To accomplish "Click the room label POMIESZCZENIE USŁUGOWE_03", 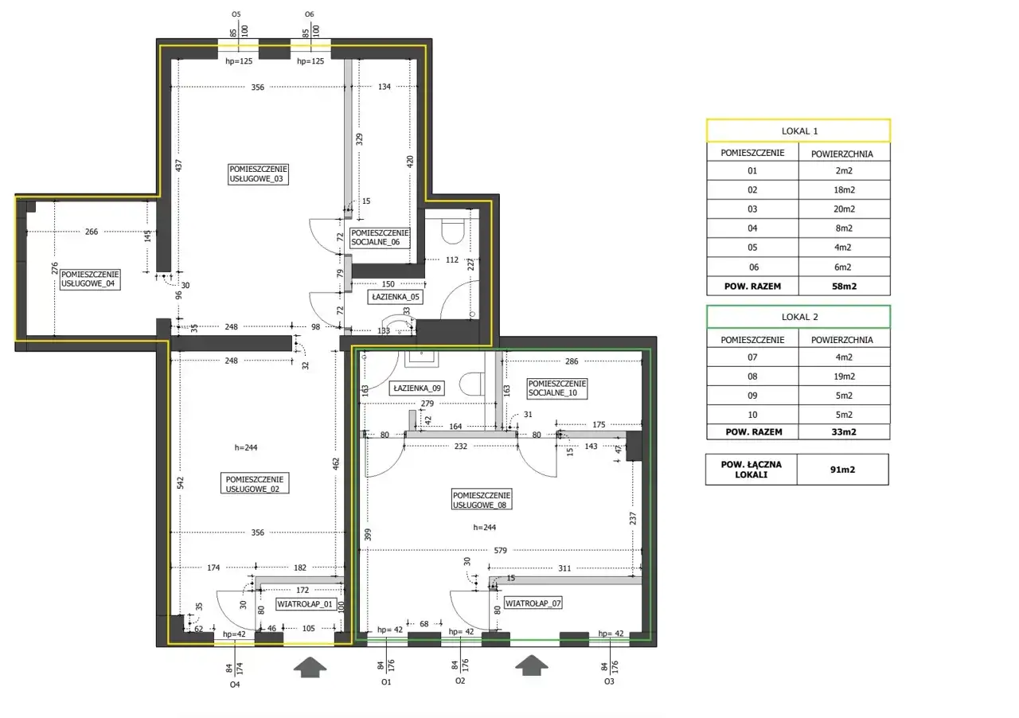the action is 258,174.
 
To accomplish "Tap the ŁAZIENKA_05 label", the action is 396,297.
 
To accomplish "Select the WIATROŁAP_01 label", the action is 305,604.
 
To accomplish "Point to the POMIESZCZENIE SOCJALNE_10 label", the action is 556,388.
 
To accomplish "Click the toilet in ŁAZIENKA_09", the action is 472,384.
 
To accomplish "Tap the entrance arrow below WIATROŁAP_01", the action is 310,667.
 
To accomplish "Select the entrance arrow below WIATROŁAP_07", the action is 531,665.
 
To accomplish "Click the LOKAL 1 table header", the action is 798,131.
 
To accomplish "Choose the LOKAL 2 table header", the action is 798,317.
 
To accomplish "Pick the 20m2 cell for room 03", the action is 845,209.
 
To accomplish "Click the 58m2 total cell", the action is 845,287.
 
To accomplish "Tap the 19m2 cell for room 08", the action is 845,377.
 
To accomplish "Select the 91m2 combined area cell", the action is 842,470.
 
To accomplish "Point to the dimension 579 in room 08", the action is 501,551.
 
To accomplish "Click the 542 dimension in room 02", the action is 180,482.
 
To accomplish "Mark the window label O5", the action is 236,14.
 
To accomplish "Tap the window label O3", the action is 609,681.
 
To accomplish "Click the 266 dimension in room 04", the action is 92,232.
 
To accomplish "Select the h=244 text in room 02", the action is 246,447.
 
